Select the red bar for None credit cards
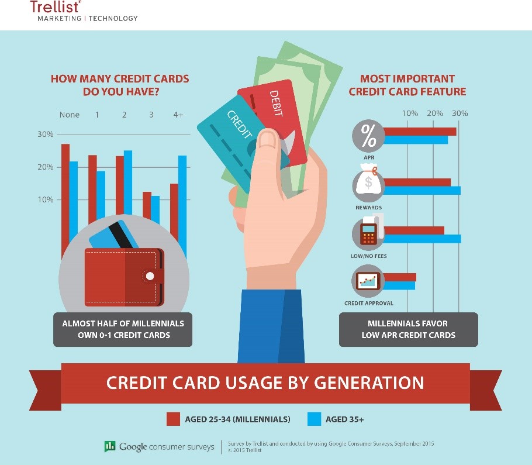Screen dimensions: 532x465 65,200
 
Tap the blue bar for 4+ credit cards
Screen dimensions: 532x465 182,206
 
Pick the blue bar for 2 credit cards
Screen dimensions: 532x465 128,182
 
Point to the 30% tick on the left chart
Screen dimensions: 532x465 46,135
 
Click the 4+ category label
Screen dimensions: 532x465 178,115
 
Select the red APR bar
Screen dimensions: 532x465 420,132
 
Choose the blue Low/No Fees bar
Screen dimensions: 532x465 422,239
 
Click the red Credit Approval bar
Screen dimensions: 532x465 400,277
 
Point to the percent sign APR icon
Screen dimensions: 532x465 368,136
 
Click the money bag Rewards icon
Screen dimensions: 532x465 368,183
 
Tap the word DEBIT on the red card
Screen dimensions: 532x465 277,104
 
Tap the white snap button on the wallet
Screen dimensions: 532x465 150,276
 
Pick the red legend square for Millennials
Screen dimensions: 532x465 173,419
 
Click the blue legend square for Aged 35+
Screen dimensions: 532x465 314,419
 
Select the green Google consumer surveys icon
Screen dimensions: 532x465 110,446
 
